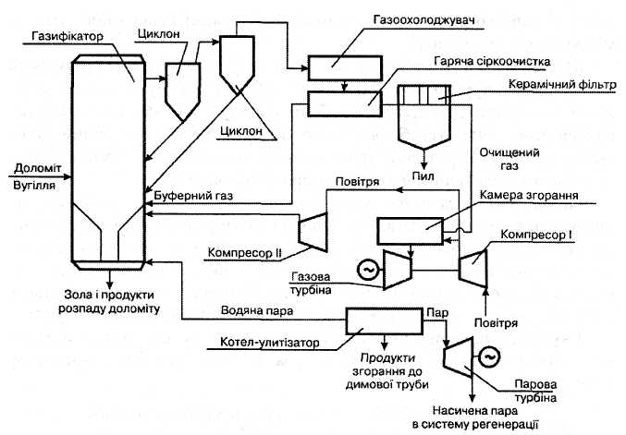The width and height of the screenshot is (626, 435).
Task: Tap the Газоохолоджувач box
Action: [342, 67]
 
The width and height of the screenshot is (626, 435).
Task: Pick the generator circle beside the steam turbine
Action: [490, 353]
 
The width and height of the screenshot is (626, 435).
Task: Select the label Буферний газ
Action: [187, 197]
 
